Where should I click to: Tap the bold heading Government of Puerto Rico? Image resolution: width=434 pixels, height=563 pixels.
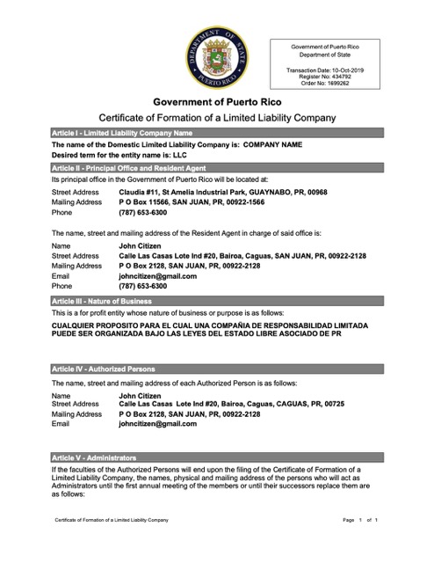(x=216, y=102)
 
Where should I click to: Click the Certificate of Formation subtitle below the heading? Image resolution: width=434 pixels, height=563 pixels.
(x=216, y=118)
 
